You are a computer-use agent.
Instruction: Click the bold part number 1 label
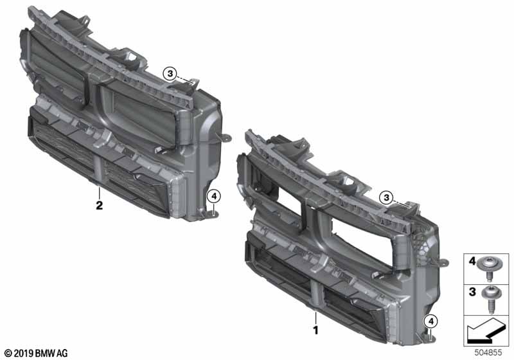point(315,330)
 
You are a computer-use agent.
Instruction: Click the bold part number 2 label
point(99,205)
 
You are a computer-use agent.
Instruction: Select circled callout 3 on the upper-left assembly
point(170,74)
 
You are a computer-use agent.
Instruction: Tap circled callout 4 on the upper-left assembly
point(214,197)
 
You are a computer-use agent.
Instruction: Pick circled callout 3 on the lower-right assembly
point(387,198)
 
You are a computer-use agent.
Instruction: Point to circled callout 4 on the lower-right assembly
point(431,321)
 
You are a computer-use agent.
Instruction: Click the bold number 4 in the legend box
point(472,261)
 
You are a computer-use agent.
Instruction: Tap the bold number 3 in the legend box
point(472,291)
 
